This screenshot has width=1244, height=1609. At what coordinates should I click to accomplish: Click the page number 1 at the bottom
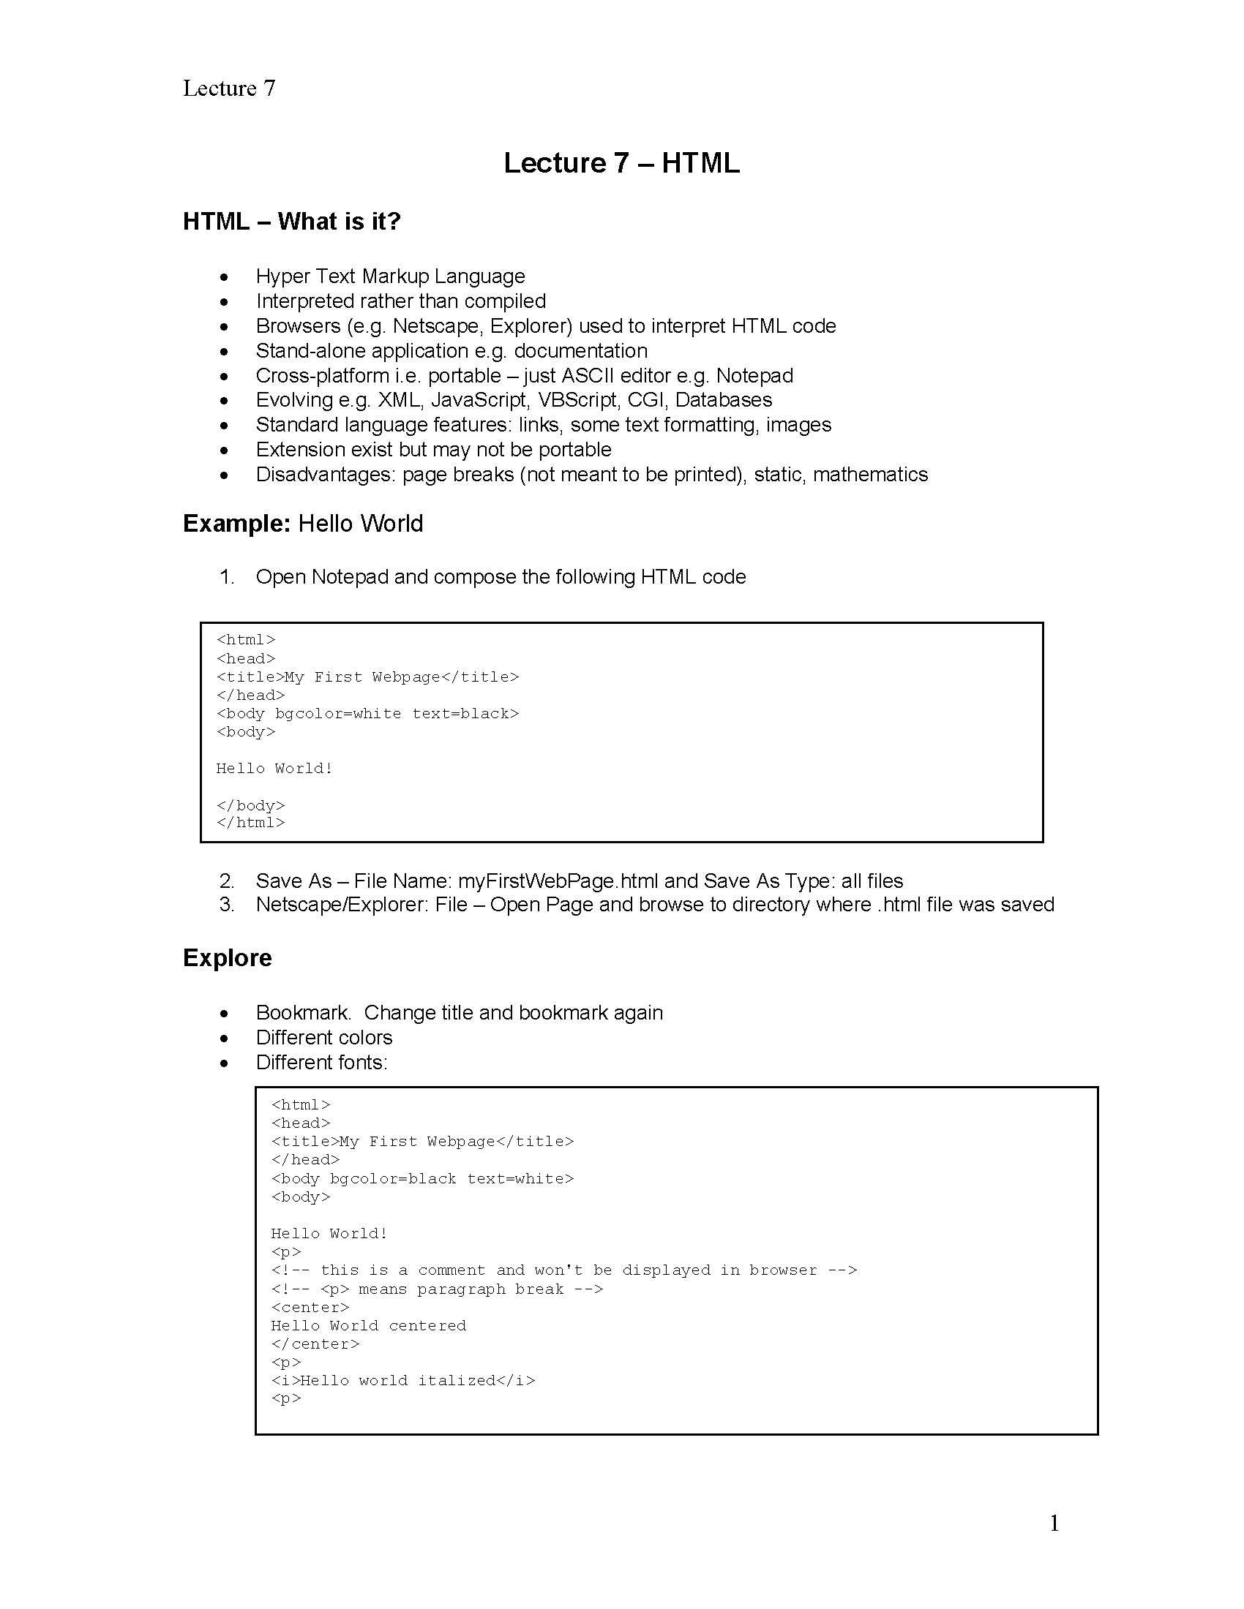tap(1054, 1523)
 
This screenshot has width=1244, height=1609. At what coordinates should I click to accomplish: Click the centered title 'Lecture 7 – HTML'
tap(621, 163)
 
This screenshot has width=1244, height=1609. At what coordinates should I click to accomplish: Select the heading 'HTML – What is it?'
tap(291, 221)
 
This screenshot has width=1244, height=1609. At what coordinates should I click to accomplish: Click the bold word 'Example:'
tap(236, 524)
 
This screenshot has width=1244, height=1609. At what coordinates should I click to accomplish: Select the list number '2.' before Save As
tap(227, 881)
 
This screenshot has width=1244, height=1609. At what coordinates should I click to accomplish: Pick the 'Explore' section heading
tap(227, 958)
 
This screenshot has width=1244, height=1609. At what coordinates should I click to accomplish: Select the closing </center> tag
tap(315, 1344)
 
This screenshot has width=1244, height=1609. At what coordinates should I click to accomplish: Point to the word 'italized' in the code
tap(456, 1381)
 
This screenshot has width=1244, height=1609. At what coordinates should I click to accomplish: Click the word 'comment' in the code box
tap(451, 1271)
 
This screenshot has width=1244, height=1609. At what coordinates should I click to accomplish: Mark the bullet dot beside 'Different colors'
tap(224, 1039)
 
